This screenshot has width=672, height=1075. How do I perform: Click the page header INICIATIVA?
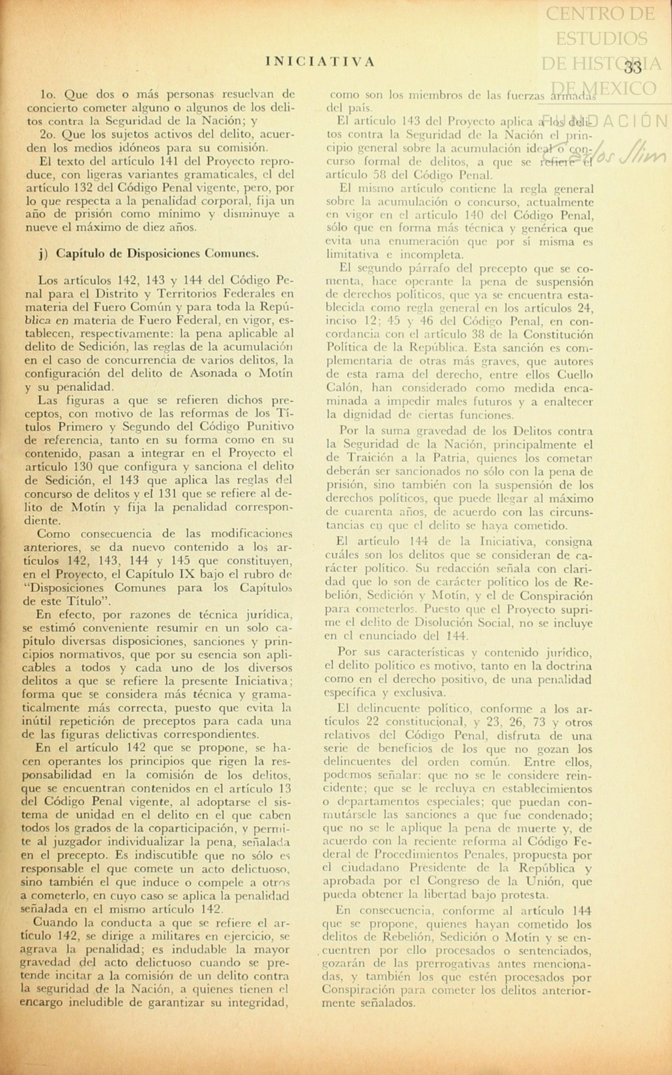pyautogui.click(x=319, y=62)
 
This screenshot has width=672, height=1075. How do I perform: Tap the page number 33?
pyautogui.click(x=632, y=68)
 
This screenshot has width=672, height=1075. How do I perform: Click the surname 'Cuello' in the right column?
pyautogui.click(x=573, y=374)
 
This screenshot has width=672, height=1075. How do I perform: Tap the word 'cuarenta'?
pyautogui.click(x=368, y=512)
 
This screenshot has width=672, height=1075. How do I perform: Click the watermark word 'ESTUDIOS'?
pyautogui.click(x=601, y=38)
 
